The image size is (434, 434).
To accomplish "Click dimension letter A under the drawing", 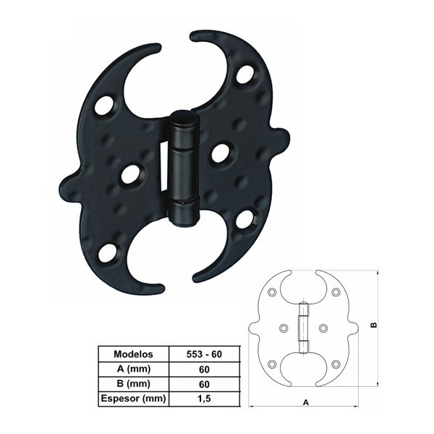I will pos(305,402).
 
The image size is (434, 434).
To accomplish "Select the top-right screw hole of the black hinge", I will pos(245,74).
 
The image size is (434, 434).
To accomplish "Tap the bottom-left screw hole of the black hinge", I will pos(107,253).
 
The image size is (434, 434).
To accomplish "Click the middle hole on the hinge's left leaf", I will pos(131,174).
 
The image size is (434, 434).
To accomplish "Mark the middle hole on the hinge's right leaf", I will pos(220,152).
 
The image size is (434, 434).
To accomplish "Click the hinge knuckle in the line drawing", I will pos(304,325).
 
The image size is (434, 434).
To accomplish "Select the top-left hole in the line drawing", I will pos(271,292).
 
